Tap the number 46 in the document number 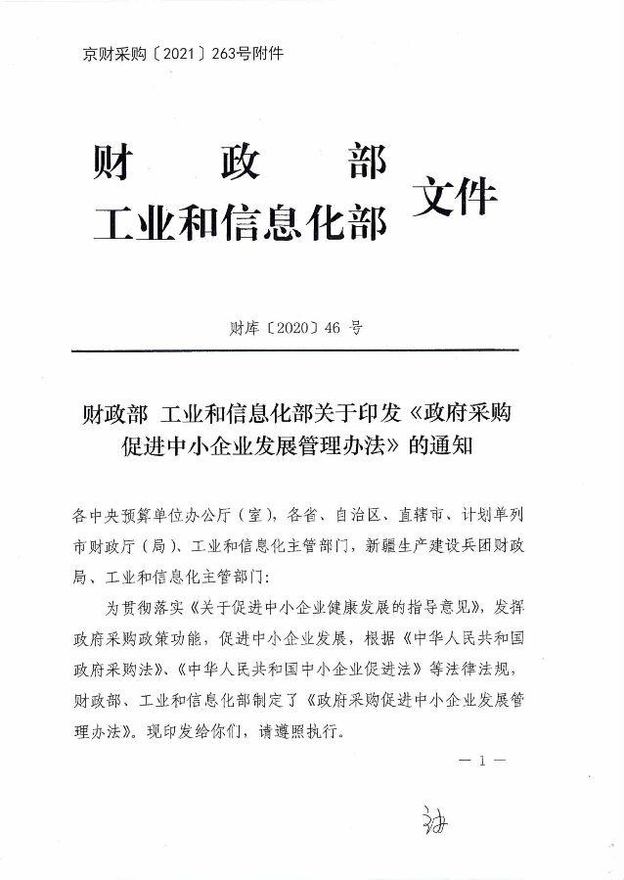point(334,328)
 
